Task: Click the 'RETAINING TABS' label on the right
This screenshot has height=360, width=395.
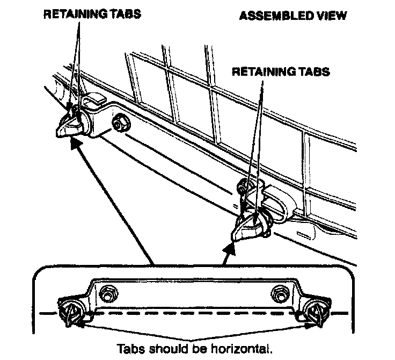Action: coord(281,71)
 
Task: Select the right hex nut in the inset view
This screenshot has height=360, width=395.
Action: coord(279,292)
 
